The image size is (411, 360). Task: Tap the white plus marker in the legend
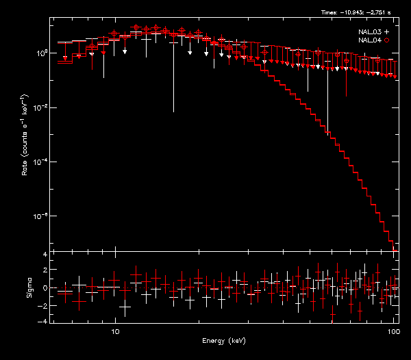pyautogui.click(x=387, y=32)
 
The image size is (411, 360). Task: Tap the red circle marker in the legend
pyautogui.click(x=387, y=41)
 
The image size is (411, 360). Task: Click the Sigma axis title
pyautogui.click(x=28, y=288)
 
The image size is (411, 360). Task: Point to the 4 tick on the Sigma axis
pyautogui.click(x=45, y=255)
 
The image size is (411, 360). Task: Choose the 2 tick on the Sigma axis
pyautogui.click(x=45, y=271)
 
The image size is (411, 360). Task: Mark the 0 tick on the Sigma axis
pyautogui.click(x=45, y=288)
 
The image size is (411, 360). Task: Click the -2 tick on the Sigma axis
pyautogui.click(x=43, y=305)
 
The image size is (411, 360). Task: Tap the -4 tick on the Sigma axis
pyautogui.click(x=43, y=321)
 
